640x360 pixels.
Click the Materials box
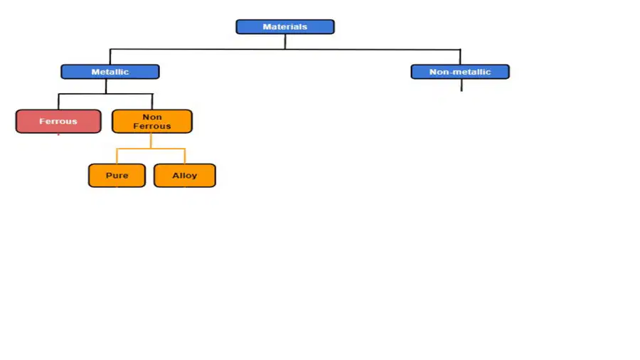(x=285, y=27)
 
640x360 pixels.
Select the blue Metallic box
(x=110, y=72)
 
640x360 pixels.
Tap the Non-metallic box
(x=460, y=72)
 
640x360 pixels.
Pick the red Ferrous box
(x=58, y=121)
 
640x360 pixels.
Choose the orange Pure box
(x=117, y=176)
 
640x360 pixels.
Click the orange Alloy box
(x=184, y=176)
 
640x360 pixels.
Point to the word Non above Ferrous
(x=152, y=117)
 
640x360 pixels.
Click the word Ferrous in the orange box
(x=152, y=126)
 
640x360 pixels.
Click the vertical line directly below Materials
(x=285, y=42)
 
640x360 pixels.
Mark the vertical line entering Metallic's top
(x=110, y=57)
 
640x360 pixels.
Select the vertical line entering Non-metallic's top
(x=460, y=57)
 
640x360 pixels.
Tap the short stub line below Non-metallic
(x=462, y=85)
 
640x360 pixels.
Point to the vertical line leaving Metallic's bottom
(x=106, y=86)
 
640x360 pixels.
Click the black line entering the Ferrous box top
(x=58, y=102)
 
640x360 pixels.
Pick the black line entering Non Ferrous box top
(x=152, y=102)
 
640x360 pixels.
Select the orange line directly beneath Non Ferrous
(x=151, y=141)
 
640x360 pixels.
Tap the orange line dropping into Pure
(x=117, y=157)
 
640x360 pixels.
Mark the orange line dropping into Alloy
(x=185, y=157)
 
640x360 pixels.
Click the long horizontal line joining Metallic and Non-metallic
(x=285, y=49)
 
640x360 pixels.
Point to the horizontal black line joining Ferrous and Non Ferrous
(x=105, y=94)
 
